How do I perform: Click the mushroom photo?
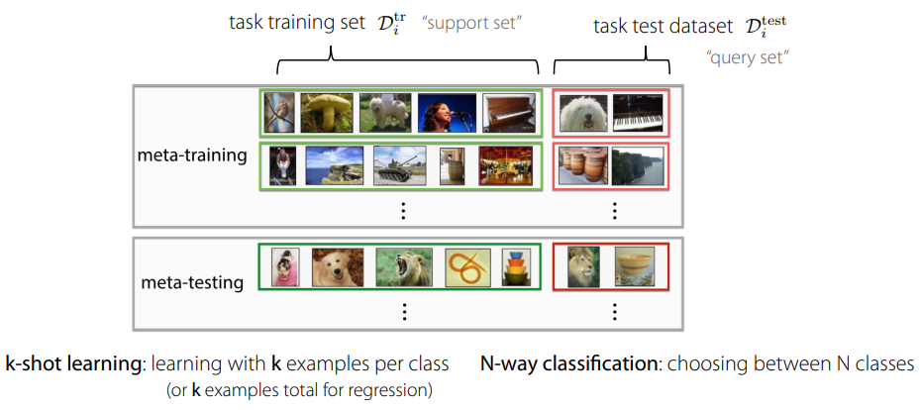click(x=324, y=113)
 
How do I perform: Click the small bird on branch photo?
click(x=279, y=113)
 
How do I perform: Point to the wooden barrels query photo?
click(x=581, y=165)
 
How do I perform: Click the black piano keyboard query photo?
click(x=637, y=113)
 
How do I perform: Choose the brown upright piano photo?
click(x=507, y=113)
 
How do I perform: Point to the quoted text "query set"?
click(x=749, y=58)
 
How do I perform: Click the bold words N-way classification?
click(x=569, y=363)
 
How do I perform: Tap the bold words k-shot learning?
click(x=72, y=363)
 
